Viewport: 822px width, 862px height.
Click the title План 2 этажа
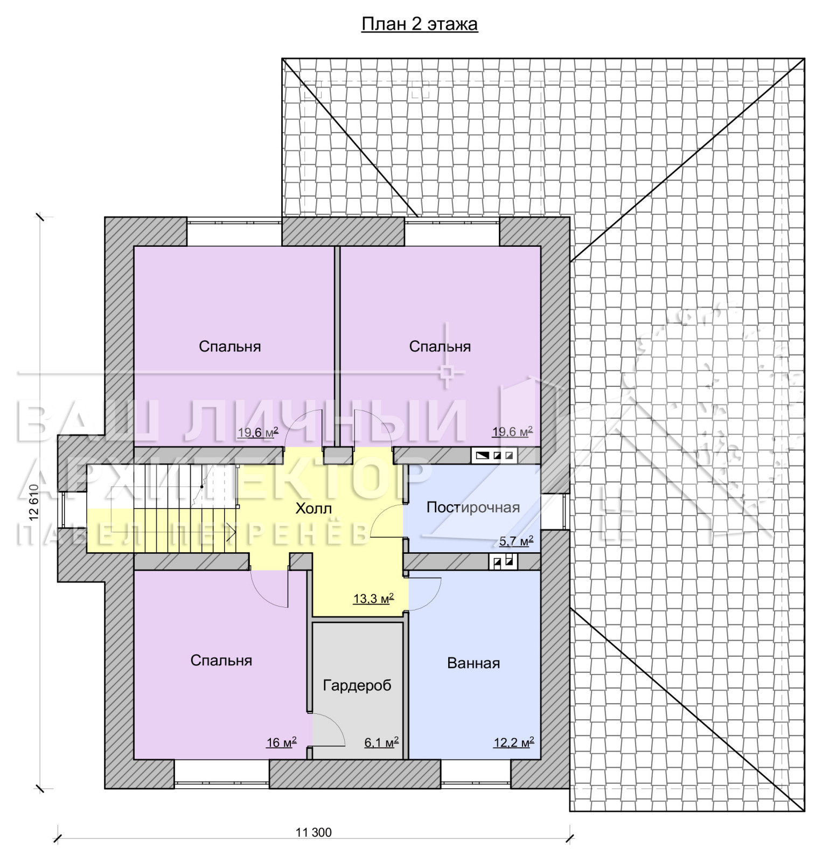(x=419, y=25)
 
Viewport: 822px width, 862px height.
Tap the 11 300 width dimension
(x=314, y=832)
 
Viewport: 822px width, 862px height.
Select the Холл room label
(x=314, y=509)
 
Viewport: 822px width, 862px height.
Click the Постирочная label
(x=473, y=508)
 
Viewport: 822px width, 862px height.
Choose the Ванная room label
(x=473, y=663)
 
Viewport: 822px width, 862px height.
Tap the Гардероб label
(x=357, y=686)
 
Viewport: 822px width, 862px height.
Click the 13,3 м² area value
(x=373, y=599)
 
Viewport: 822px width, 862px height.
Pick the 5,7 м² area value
(x=516, y=541)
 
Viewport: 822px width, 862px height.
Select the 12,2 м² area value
(x=514, y=743)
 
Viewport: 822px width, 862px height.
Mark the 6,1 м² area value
(x=381, y=743)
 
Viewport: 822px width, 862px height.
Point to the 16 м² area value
(x=281, y=743)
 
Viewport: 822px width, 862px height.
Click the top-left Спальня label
(x=230, y=346)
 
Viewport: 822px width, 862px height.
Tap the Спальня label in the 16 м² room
(x=221, y=661)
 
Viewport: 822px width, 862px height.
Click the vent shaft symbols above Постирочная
(x=494, y=456)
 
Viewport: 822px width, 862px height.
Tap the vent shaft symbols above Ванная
(x=503, y=562)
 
